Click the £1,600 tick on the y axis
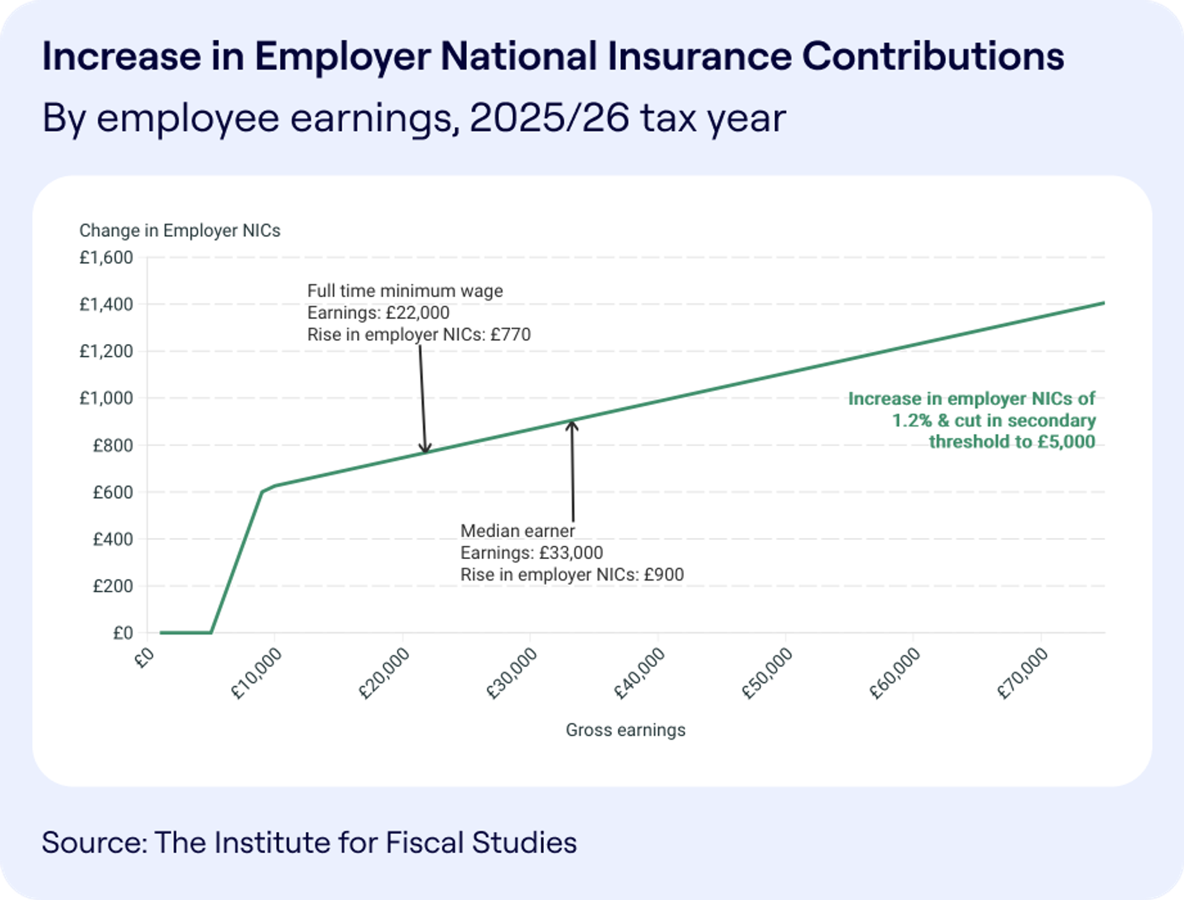tap(106, 258)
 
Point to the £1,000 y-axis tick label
tap(106, 398)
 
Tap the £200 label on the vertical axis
tap(113, 586)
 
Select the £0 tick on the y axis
tap(123, 633)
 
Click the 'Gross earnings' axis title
tap(625, 730)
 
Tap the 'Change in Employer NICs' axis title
tap(179, 231)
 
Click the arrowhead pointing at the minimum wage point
tap(425, 449)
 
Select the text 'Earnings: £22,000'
tap(378, 313)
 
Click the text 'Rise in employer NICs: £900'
tap(572, 575)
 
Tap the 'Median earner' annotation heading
tap(517, 531)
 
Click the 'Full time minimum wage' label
tap(405, 291)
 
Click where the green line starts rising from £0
tap(212, 632)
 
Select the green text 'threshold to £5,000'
tap(1011, 442)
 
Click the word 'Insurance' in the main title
tap(699, 57)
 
